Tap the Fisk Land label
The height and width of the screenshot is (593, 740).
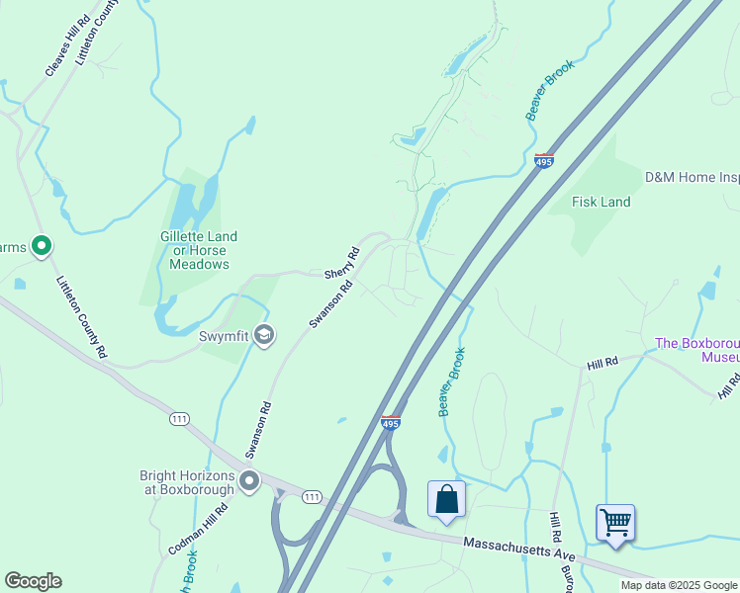(601, 202)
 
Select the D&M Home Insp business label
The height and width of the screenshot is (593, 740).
(692, 178)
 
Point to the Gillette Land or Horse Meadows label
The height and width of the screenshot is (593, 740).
(199, 250)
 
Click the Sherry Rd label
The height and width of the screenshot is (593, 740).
(340, 262)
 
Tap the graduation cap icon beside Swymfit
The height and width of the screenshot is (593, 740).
(263, 337)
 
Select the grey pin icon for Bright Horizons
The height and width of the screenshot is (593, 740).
(249, 482)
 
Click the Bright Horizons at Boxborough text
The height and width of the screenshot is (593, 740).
(187, 482)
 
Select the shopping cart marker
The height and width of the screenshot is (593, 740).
(615, 521)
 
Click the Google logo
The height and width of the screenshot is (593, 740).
(33, 581)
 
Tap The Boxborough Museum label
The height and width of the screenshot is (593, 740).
(697, 350)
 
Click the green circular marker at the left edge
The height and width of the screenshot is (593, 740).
(41, 245)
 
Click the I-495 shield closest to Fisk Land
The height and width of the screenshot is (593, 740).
(543, 161)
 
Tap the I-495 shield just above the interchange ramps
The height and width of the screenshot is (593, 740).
(391, 422)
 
